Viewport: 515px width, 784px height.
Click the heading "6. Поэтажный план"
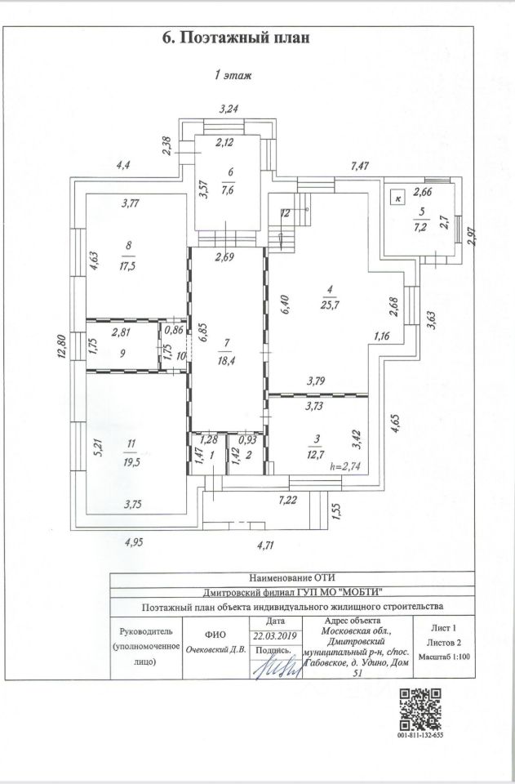click(x=236, y=37)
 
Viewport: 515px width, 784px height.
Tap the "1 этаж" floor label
click(x=233, y=75)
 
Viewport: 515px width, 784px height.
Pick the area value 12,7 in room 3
click(x=316, y=455)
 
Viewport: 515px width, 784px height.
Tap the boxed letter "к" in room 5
click(x=398, y=198)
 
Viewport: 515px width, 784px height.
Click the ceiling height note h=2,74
click(x=345, y=467)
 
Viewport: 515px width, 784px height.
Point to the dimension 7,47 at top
click(x=360, y=166)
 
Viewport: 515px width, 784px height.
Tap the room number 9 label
click(x=122, y=353)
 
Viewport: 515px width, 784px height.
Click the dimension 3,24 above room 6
click(x=229, y=109)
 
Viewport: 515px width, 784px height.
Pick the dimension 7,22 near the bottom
click(x=288, y=501)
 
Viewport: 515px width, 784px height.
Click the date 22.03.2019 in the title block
click(x=275, y=636)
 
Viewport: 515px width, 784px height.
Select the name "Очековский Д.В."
click(x=215, y=650)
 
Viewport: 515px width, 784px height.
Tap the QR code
click(x=420, y=710)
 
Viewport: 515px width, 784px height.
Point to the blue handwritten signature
click(x=279, y=667)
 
